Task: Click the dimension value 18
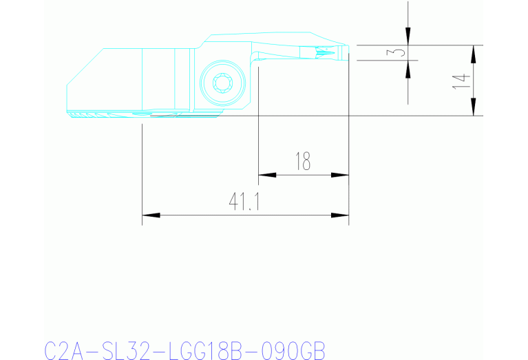303,162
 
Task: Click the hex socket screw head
223,84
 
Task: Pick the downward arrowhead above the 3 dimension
408,37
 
